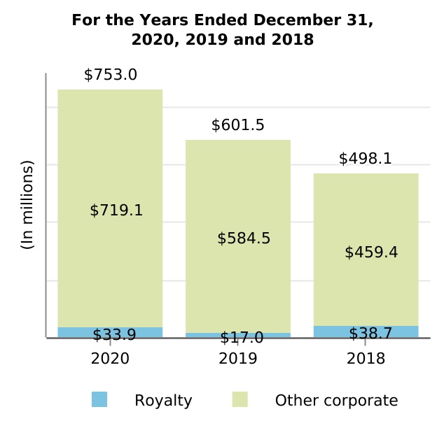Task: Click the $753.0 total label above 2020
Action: (110, 75)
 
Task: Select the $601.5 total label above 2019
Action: (237, 125)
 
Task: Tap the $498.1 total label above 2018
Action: (365, 159)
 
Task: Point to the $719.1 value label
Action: (116, 210)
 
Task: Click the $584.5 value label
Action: (244, 238)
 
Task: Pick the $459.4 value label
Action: (371, 252)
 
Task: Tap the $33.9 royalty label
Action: (114, 335)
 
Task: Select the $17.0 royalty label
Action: (242, 338)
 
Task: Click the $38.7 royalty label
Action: (370, 334)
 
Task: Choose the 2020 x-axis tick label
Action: (110, 359)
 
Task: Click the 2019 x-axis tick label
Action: (237, 359)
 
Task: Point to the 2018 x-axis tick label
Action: (366, 359)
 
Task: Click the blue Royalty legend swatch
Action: (99, 399)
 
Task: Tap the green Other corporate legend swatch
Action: (240, 399)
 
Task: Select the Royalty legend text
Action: (163, 401)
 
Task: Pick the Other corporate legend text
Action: (336, 401)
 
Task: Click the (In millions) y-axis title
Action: (27, 205)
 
